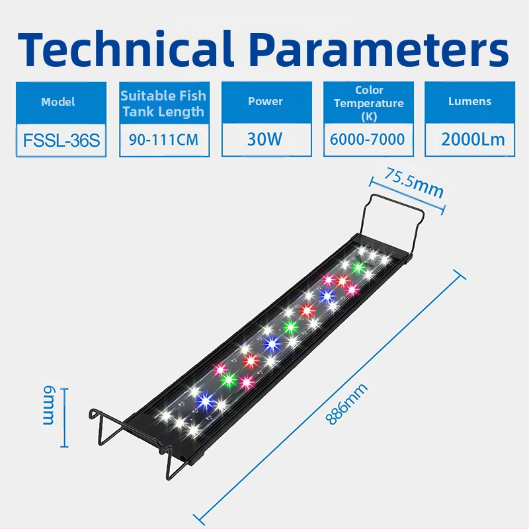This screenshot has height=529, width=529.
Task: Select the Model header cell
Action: [x=58, y=102]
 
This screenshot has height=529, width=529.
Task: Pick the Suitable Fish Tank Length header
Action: [x=163, y=103]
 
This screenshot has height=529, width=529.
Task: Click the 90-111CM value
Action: [x=163, y=140]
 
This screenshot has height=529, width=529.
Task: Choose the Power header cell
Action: [x=265, y=101]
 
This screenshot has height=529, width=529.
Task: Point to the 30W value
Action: [x=265, y=140]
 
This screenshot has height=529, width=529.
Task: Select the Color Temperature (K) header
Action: [x=368, y=103]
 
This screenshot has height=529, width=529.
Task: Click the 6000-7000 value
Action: [x=368, y=140]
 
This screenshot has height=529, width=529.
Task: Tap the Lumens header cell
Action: [x=469, y=101]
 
